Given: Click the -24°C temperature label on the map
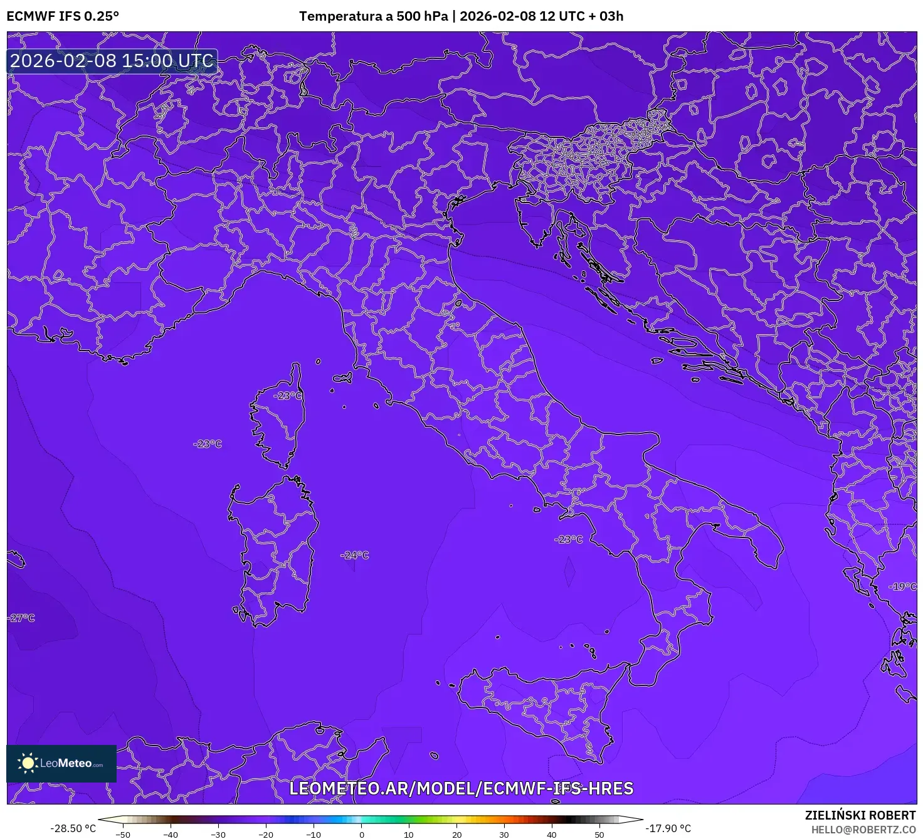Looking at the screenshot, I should coord(355,555).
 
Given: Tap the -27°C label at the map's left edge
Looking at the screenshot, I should coord(21,618).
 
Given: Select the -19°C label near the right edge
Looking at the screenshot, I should coord(902,586).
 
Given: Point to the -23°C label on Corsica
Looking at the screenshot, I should coord(288,396).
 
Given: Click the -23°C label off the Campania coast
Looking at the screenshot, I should coord(569,539).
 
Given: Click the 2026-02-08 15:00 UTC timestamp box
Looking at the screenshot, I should coord(112,61).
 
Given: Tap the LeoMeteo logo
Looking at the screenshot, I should coord(61,763).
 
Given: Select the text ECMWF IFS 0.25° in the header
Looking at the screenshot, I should coord(63,16).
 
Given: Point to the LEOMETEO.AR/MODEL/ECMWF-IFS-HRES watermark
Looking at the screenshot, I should coord(461,788).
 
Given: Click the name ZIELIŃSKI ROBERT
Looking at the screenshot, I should coord(860,815).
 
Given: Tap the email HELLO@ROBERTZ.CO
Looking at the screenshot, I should coord(863,830).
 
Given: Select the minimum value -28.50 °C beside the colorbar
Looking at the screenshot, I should coord(73,828).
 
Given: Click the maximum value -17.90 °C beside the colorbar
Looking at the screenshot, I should coord(668,828).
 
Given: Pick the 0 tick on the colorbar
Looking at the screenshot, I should coord(362,835).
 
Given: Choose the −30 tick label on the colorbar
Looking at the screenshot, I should coord(218,835).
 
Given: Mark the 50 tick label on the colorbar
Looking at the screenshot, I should coord(599,835).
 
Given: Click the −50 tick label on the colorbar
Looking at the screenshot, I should coord(122,835).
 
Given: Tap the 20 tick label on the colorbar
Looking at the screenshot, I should coord(456,835).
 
